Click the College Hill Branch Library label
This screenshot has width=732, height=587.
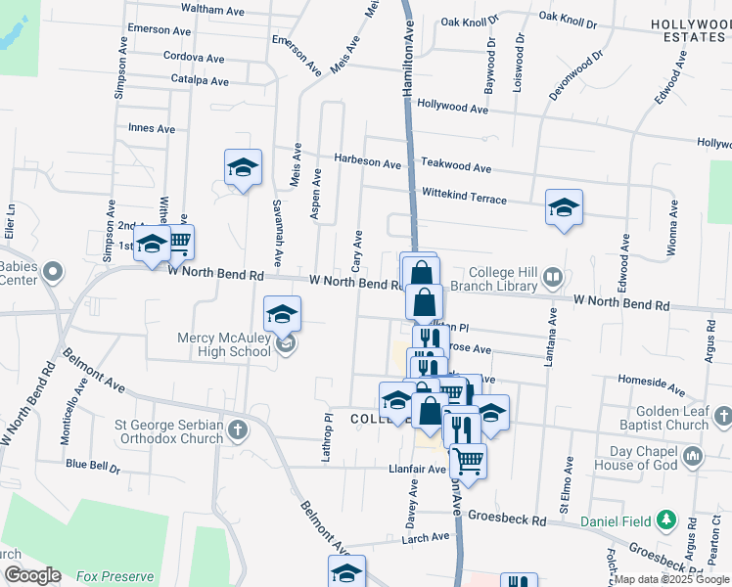[x=504, y=279]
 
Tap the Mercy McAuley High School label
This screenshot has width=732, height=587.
[x=223, y=345]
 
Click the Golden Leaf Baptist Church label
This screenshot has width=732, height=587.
[x=671, y=418]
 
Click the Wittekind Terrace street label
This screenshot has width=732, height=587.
[x=464, y=196]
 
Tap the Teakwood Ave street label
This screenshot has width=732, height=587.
[x=458, y=166]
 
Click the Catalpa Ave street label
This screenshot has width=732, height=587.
[x=200, y=80]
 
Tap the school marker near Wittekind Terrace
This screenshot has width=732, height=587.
[x=564, y=208]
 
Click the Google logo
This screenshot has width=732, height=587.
[x=31, y=575]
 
